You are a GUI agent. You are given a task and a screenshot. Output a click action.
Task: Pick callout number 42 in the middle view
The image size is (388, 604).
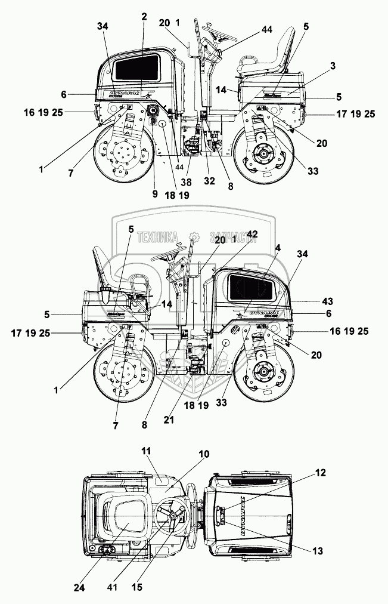pyautogui.click(x=253, y=235)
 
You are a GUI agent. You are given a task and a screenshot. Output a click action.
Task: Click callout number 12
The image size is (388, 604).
pyautogui.click(x=321, y=473)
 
